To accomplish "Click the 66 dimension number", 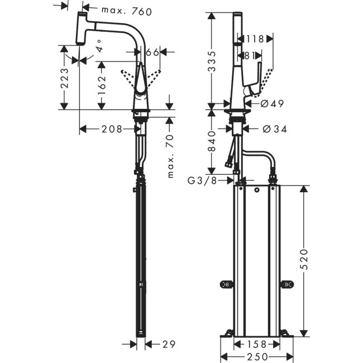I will [x=152, y=52].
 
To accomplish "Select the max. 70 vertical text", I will [x=171, y=155].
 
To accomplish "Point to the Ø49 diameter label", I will [x=272, y=103].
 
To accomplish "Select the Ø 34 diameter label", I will [x=274, y=129].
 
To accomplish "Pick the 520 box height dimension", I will [x=303, y=259].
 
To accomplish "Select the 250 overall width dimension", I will [x=256, y=356].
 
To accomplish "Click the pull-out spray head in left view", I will [x=83, y=28].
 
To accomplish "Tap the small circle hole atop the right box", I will [x=256, y=191].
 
